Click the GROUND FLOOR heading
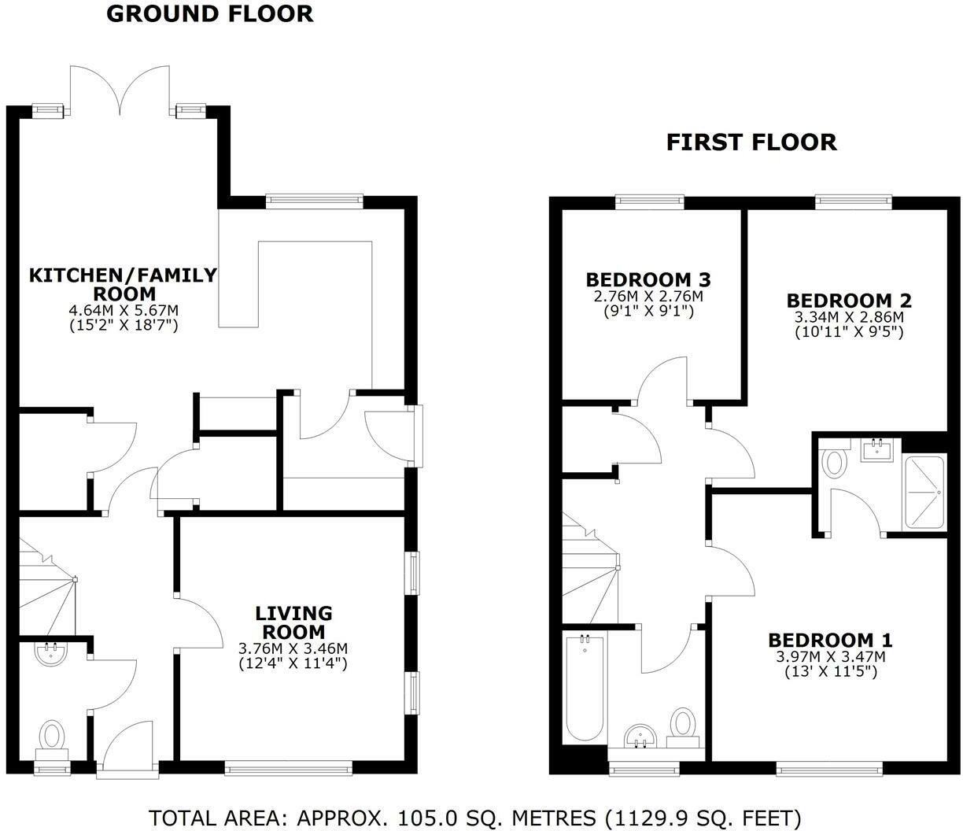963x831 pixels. (x=209, y=13)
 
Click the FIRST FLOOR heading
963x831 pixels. (x=751, y=142)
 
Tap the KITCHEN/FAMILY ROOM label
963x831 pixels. (x=123, y=283)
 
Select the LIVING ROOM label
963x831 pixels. (x=293, y=622)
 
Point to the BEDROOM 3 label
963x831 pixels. (x=648, y=279)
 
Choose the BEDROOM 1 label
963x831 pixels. (x=830, y=640)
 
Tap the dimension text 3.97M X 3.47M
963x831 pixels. (x=830, y=656)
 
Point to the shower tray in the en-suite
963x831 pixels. (x=926, y=491)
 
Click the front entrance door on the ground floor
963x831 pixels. (x=126, y=748)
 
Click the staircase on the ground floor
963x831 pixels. (x=46, y=582)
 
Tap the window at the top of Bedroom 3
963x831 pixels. (x=650, y=201)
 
